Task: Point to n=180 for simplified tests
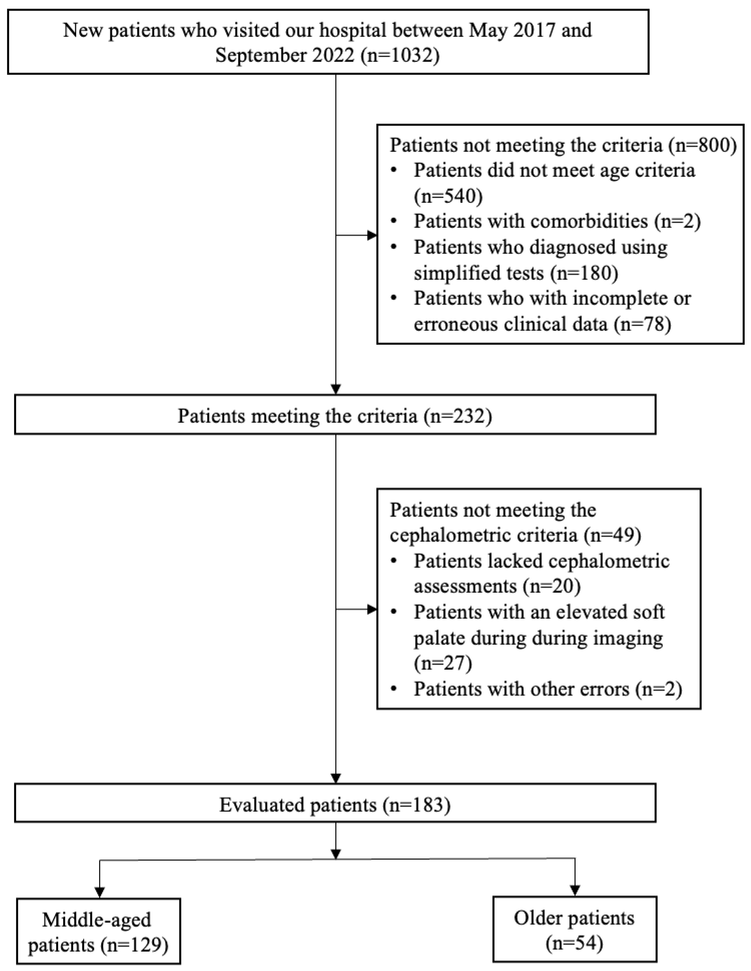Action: click(584, 273)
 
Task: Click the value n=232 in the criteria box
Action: click(458, 416)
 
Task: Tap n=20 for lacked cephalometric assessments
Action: click(552, 587)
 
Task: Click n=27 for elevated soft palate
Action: click(443, 663)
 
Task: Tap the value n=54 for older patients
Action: click(575, 943)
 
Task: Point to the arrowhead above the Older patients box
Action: click(575, 890)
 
